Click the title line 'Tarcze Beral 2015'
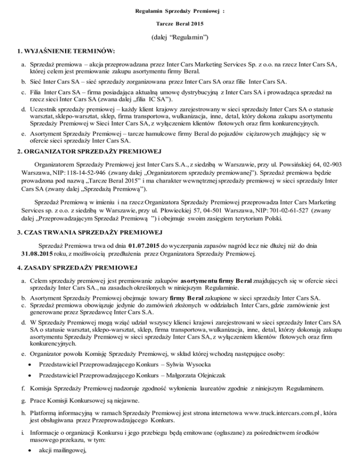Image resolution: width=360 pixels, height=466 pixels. point(180,23)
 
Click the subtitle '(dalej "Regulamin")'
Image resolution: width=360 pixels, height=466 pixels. point(180,38)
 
